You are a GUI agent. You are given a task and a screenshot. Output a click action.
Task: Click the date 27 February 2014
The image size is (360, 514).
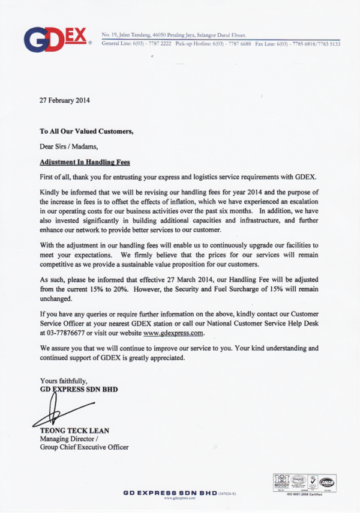(65, 100)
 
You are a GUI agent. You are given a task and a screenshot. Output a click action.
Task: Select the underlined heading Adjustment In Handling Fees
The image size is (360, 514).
(85, 162)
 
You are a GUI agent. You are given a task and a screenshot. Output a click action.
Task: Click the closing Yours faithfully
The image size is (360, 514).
(64, 380)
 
